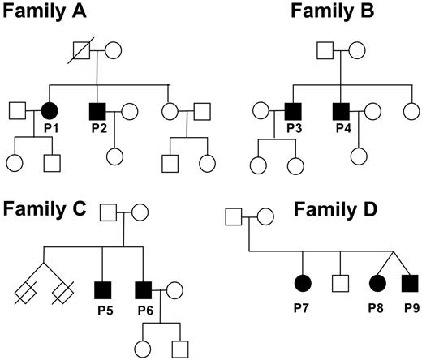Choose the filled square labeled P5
pos(101,289)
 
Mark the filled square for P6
pos(144,289)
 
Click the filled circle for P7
pos(302,283)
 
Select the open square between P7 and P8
pos(340,283)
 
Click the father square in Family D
pos(232,217)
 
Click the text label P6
pos(144,309)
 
